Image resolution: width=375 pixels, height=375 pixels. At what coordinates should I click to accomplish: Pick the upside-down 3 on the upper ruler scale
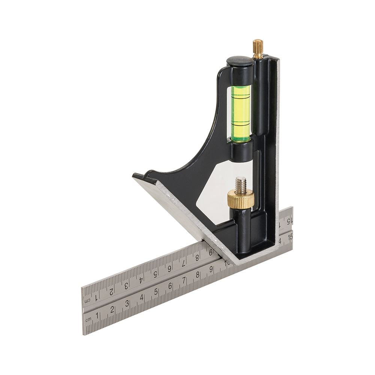coord(126,285)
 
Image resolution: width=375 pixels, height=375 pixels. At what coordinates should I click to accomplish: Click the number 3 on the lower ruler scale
coord(127,303)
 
